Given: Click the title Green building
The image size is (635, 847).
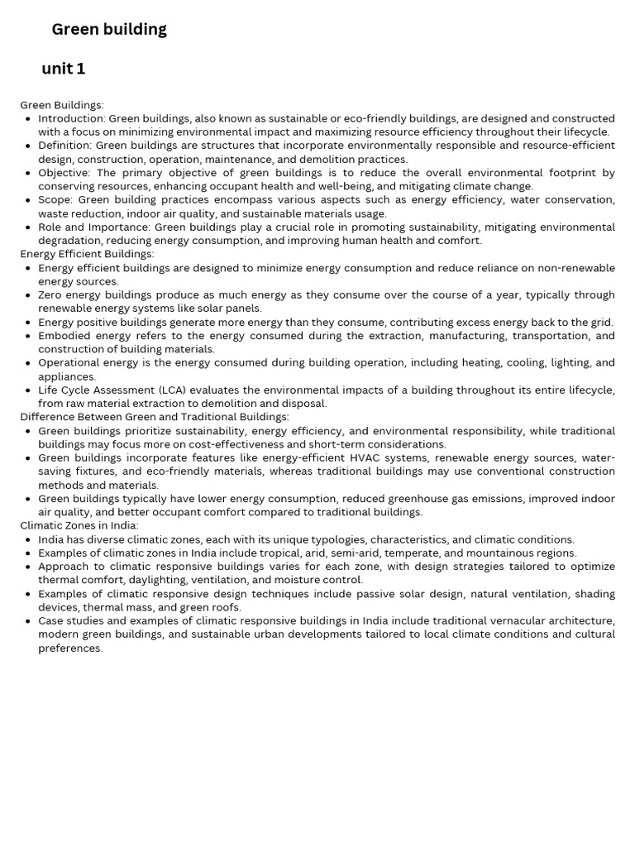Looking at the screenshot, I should (109, 30).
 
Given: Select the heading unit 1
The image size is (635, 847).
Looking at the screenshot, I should (64, 69).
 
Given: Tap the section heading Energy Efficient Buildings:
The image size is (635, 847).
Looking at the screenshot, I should (87, 254).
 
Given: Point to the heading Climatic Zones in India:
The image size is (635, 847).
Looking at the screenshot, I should (79, 525).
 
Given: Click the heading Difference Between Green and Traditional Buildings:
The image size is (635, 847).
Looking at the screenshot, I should (155, 417).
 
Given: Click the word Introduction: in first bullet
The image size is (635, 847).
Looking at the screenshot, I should (72, 118).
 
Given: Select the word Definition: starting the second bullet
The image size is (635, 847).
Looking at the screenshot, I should (65, 146).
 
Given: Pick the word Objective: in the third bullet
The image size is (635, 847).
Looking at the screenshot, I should (64, 173).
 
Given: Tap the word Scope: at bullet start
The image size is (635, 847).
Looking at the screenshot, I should (56, 200).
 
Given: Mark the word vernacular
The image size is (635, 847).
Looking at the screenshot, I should (529, 620).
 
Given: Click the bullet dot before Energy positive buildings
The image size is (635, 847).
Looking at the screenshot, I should (28, 323).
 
